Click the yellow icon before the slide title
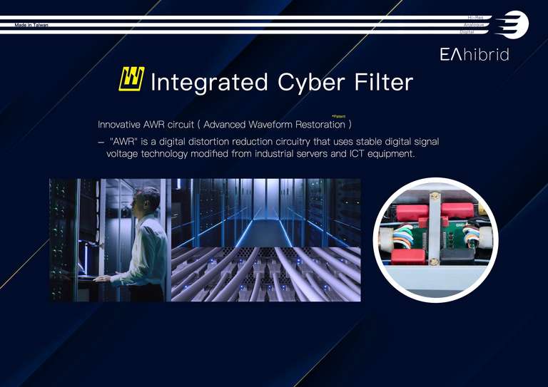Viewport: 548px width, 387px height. (131, 79)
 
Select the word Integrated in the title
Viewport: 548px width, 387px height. (209, 82)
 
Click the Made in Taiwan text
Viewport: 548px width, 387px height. (31, 25)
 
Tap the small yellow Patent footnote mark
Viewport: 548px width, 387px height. (339, 116)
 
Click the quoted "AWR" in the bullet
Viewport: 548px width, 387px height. (126, 141)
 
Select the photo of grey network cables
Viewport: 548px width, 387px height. (265, 274)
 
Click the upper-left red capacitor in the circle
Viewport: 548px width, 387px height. (412, 211)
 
